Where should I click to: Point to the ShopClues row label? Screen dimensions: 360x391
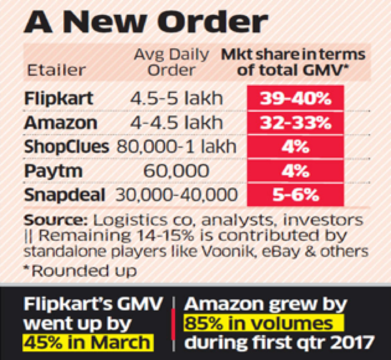[x=66, y=147]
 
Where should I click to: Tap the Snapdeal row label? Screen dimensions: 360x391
[x=66, y=194]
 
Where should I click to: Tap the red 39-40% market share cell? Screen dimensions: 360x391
[x=295, y=98]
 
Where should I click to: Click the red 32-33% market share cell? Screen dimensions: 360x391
[x=295, y=123]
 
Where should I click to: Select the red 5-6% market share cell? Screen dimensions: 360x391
[x=295, y=194]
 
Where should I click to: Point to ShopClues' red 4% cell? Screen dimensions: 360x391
[x=295, y=147]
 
